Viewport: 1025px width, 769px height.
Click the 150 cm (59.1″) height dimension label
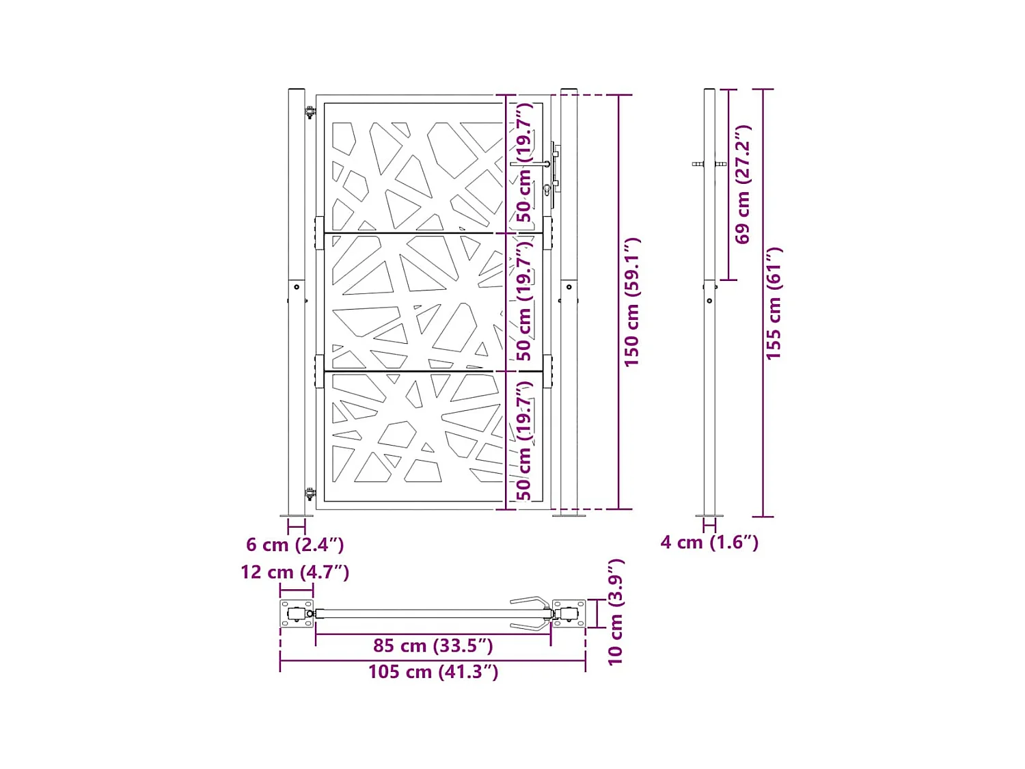pos(631,302)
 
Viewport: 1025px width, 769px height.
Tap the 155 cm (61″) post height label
pos(773,303)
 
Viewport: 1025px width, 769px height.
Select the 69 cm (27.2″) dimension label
pos(743,184)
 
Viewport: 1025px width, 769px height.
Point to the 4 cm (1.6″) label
pos(709,542)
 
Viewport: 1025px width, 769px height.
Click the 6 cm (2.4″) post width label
pos(295,545)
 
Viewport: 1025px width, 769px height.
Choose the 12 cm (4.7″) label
pos(295,572)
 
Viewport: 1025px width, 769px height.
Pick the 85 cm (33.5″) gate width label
pos(433,645)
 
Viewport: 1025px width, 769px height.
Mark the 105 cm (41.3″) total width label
pos(433,672)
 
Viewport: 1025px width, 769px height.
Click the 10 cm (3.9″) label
pos(615,612)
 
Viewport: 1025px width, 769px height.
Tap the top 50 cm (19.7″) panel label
pos(524,163)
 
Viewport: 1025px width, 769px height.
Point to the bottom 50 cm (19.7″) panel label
pos(524,440)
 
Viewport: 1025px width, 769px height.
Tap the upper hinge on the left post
pos(310,112)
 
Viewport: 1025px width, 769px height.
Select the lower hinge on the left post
pos(310,494)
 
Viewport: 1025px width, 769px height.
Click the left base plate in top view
pos(297,614)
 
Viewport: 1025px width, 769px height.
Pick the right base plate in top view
pos(569,614)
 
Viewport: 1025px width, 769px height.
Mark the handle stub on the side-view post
pos(698,164)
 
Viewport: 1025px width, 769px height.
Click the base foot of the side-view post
pos(709,515)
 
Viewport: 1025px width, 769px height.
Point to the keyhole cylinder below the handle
pos(547,189)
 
